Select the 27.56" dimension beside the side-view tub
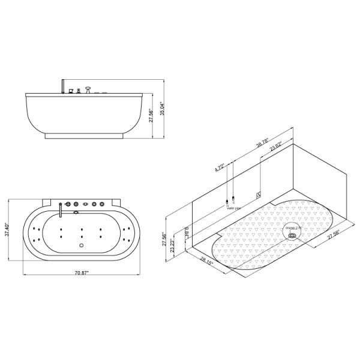(x=152, y=115)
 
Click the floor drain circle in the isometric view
(x=292, y=235)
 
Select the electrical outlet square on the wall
(x=259, y=193)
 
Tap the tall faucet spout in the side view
(x=62, y=86)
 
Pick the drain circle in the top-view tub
(x=81, y=244)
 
